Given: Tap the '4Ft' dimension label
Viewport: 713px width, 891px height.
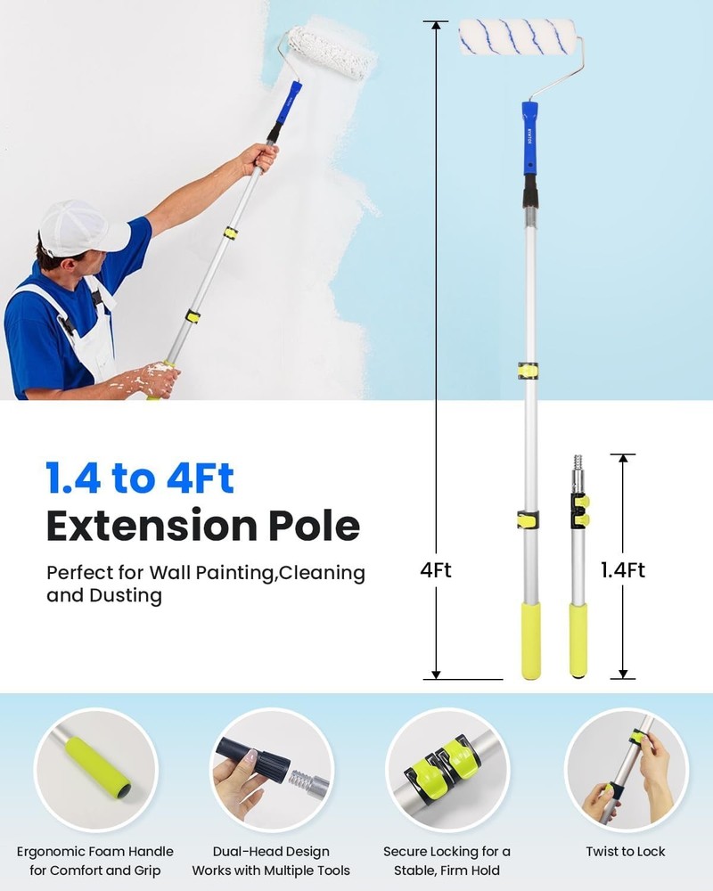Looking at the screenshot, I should tap(436, 570).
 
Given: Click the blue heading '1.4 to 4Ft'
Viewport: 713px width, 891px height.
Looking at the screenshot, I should tap(140, 478).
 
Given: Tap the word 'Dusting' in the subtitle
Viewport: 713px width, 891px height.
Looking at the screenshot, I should tap(126, 595).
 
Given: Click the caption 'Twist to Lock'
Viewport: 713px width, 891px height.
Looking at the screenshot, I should tap(626, 852).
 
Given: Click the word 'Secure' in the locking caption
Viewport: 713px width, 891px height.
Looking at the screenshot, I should tap(409, 852).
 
